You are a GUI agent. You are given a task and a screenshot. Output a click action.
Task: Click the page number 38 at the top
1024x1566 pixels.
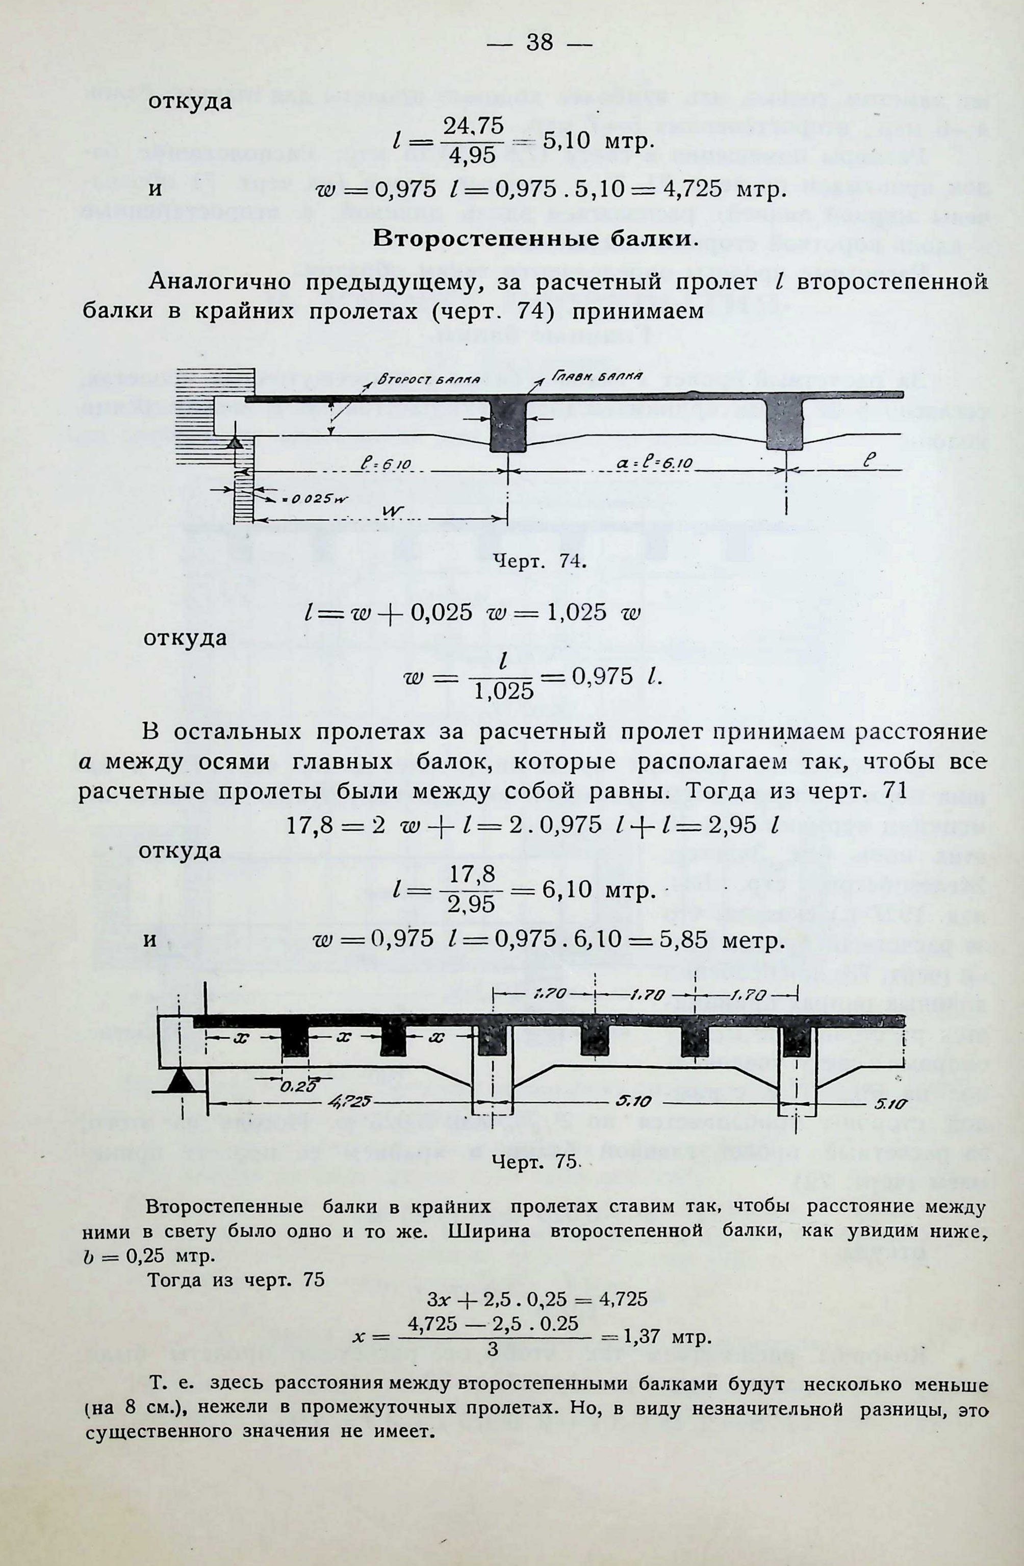540,43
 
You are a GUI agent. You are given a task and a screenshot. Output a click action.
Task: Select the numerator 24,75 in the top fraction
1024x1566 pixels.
473,126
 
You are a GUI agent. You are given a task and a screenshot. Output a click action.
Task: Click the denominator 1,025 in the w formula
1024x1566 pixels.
503,691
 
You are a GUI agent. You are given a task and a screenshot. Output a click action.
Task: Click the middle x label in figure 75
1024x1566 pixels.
344,1036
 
